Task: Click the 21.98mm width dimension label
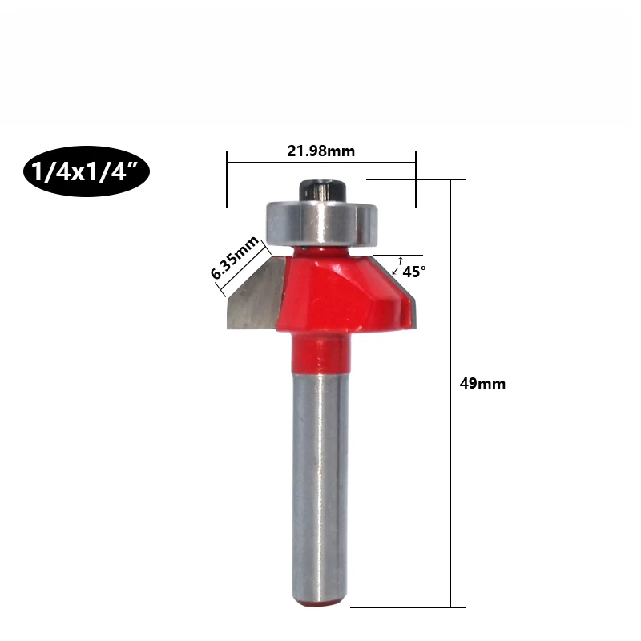pos(321,151)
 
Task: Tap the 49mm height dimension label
pos(482,384)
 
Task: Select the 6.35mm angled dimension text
pos(234,257)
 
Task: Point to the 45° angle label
pos(414,272)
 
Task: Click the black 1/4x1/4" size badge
pos(87,171)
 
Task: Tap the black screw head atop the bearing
pos(324,191)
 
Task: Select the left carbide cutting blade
pos(256,294)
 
